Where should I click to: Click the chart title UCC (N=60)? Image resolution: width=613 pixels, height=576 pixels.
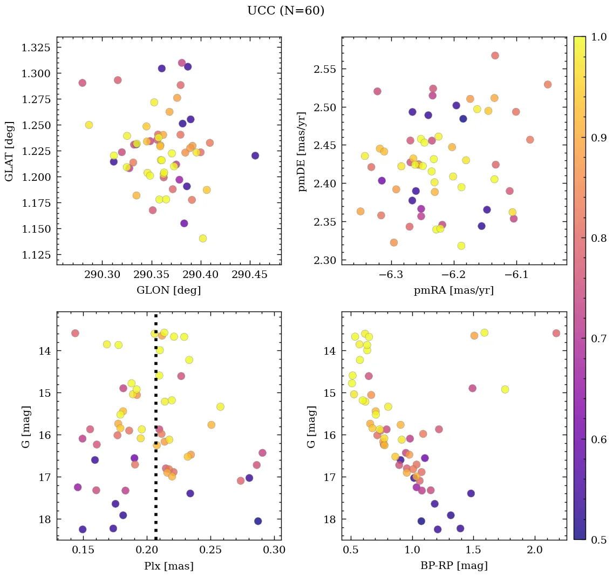click(x=285, y=11)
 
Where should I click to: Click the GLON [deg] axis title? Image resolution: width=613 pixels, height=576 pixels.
click(x=168, y=290)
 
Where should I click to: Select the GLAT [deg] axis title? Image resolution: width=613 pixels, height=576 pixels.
click(x=9, y=151)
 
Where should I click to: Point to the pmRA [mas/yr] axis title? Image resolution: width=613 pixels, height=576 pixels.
click(x=453, y=290)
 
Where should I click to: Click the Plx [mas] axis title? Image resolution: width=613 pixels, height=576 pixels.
click(x=168, y=566)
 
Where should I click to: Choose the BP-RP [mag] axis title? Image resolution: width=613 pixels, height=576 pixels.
click(x=453, y=566)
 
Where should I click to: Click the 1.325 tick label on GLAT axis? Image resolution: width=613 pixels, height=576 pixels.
click(x=36, y=48)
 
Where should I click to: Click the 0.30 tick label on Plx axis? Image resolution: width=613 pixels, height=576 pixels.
click(x=275, y=551)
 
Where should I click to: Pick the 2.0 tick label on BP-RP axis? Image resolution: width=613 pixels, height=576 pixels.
click(x=535, y=551)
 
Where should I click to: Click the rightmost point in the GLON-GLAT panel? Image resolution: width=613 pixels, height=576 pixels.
click(x=255, y=155)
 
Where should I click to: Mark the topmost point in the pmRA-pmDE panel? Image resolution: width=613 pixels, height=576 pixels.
click(x=495, y=56)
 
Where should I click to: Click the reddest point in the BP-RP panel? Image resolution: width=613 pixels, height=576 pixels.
click(x=556, y=333)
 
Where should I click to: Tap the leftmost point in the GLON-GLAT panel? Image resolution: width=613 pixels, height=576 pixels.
click(x=82, y=83)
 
